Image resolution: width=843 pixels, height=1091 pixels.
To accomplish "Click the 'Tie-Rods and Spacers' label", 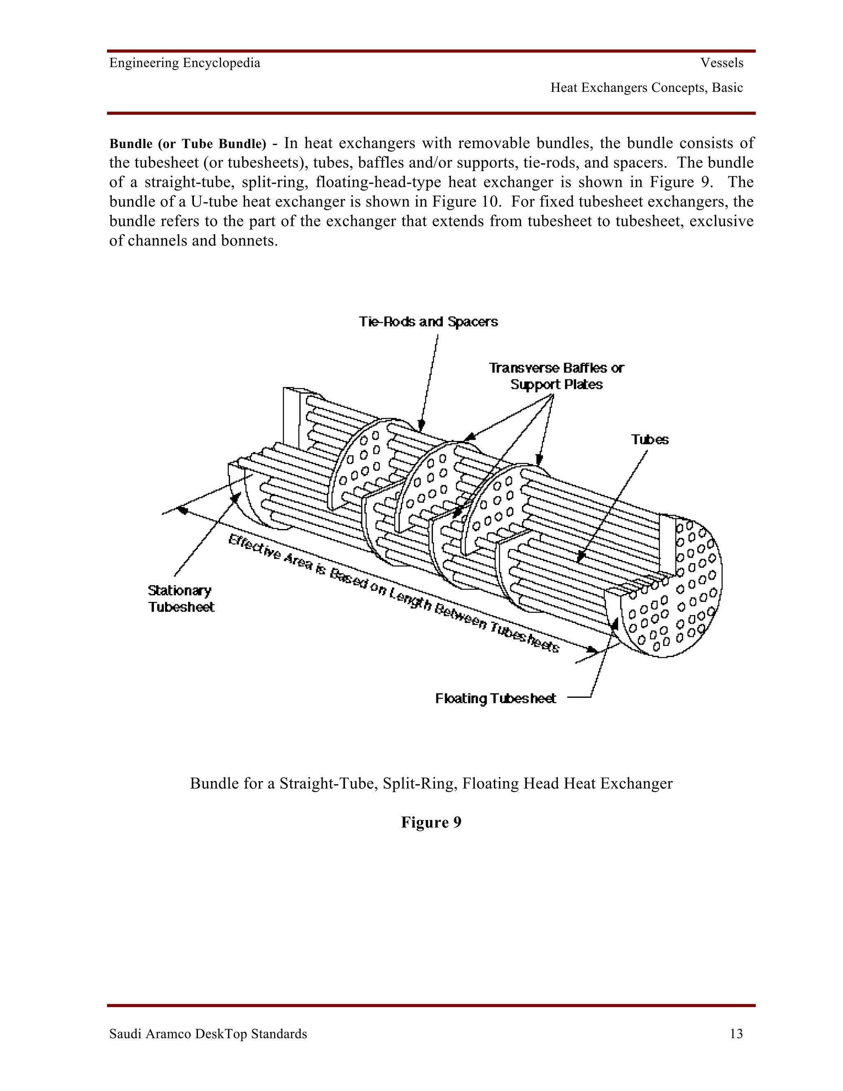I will (x=428, y=321).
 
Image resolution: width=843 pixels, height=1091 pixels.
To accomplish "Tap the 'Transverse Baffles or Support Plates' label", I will (x=556, y=376).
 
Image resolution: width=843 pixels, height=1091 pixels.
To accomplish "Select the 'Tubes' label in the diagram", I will (x=649, y=440).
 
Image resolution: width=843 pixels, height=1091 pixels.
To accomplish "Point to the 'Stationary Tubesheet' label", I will (x=181, y=599).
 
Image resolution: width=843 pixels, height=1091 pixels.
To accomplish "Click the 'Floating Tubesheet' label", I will (x=496, y=698).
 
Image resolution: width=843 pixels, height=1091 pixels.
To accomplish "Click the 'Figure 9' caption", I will (x=431, y=822).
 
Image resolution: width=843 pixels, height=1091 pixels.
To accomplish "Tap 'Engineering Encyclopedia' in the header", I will (x=185, y=63).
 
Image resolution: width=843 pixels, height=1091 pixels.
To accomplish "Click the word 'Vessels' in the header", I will (x=722, y=63).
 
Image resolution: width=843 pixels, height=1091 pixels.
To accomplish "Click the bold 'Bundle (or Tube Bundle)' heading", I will (x=188, y=144).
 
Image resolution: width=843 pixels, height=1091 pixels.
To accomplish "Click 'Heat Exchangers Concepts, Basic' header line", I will (x=646, y=88).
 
